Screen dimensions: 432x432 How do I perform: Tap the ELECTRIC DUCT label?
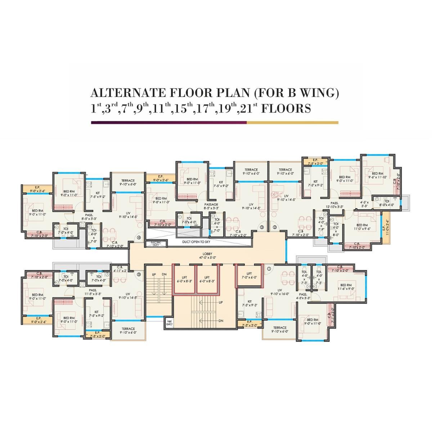pyautogui.click(x=156, y=244)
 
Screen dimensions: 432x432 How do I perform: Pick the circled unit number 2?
pyautogui.click(x=274, y=227)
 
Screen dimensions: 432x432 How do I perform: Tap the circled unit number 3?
pyautogui.click(x=262, y=227)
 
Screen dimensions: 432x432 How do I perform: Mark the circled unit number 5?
pyautogui.click(x=139, y=274)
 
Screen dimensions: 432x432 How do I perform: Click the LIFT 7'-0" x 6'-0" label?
pyautogui.click(x=249, y=275)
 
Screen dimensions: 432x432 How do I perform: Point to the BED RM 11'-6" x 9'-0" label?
pyautogui.click(x=346, y=287)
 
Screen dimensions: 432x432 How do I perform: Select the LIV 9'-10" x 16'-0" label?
pyautogui.click(x=279, y=292)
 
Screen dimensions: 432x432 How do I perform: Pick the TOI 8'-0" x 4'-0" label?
pyautogui.click(x=386, y=203)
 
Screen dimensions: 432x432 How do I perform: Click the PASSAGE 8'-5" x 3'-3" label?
pyautogui.click(x=211, y=206)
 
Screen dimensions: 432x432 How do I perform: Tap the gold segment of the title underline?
pyautogui.click(x=292, y=122)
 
